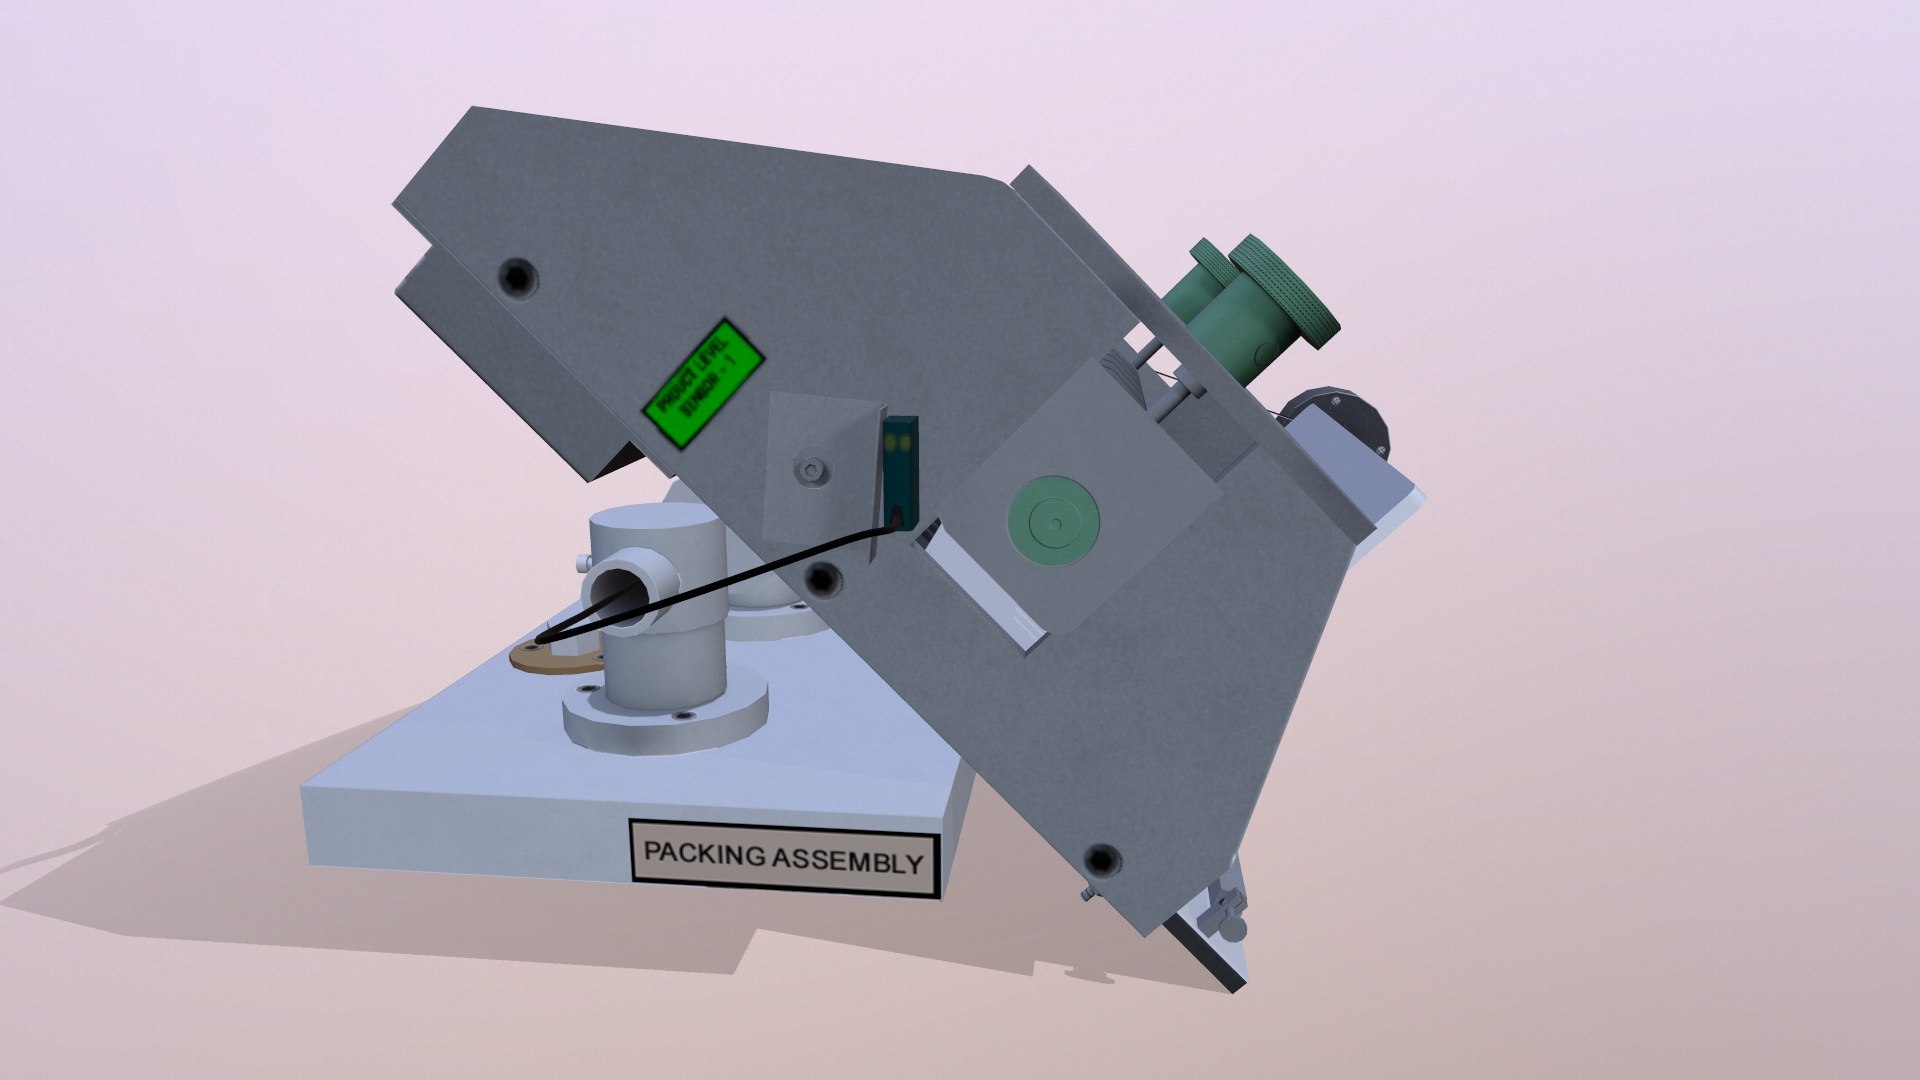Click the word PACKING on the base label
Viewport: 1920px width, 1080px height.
click(705, 853)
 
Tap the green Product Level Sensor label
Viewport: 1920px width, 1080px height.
click(702, 384)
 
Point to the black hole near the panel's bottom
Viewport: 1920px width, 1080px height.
click(1102, 858)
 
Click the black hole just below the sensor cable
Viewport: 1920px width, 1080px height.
click(822, 577)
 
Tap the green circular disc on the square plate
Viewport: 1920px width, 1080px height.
click(1053, 521)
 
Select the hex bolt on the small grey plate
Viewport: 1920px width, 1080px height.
click(810, 470)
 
